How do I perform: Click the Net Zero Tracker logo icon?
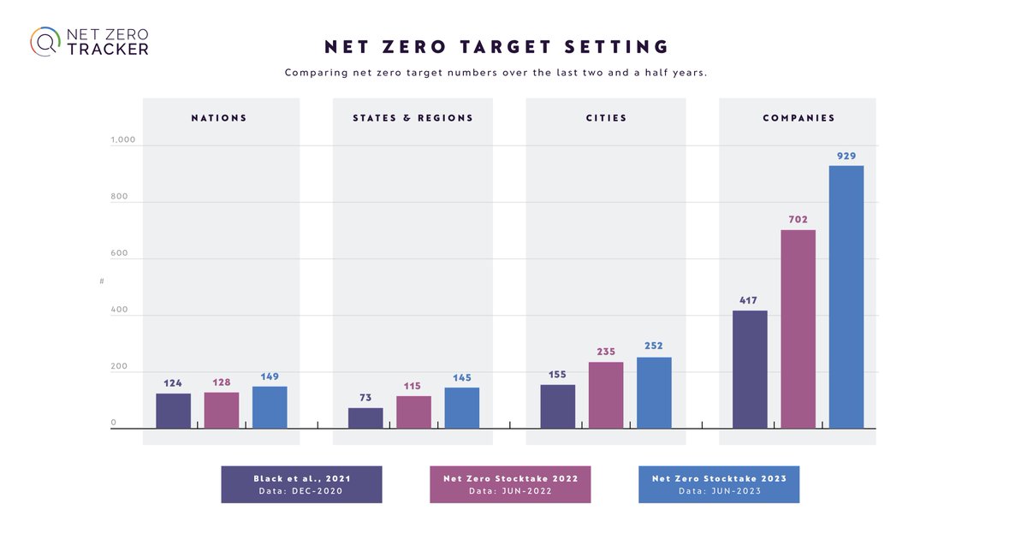45,41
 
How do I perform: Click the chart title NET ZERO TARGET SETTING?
496,46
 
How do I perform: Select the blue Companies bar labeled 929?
846,297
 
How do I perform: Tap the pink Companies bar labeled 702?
798,329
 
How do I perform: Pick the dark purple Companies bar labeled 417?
750,369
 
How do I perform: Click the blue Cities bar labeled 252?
654,393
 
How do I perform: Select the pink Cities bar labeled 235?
606,394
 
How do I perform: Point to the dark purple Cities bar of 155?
558,406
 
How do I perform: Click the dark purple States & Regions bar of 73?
365,418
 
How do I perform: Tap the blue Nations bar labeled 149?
270,407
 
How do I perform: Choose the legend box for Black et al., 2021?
301,484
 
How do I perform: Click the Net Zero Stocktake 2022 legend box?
510,484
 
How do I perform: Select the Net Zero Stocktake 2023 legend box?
719,484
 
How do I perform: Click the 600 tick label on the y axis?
119,253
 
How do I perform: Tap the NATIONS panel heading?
219,118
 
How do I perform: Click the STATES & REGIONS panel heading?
413,118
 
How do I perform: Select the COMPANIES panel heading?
798,118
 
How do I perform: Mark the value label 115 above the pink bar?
413,386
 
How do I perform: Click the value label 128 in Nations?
221,382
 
